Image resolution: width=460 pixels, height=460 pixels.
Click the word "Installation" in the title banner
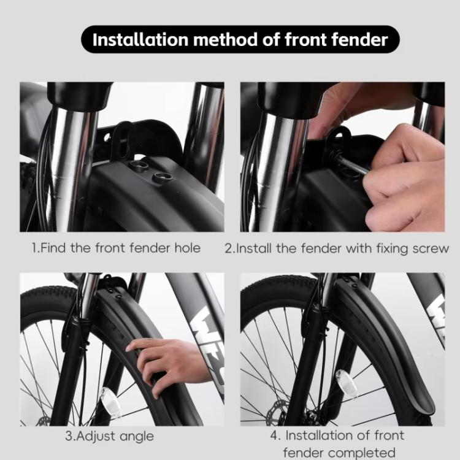(139, 40)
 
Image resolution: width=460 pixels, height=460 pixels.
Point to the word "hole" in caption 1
(186, 248)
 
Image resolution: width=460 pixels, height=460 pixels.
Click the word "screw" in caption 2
(431, 248)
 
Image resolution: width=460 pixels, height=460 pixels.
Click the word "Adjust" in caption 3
(98, 436)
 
